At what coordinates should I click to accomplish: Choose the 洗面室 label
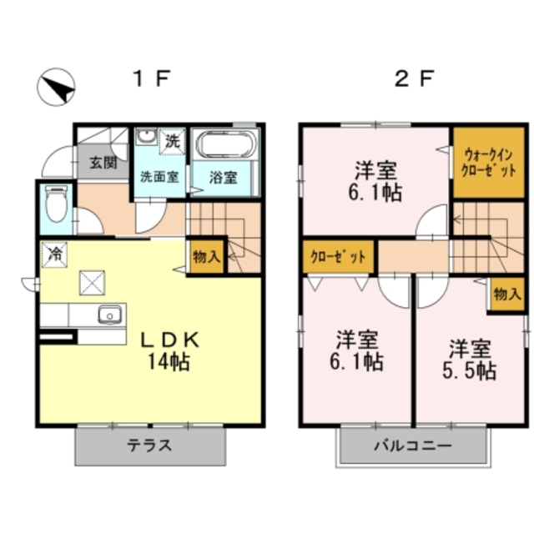(x=159, y=177)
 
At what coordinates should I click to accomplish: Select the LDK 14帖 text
(x=169, y=350)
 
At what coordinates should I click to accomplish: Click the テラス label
(x=150, y=445)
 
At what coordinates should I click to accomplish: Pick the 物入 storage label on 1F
(x=206, y=256)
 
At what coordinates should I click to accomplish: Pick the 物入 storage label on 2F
(x=506, y=293)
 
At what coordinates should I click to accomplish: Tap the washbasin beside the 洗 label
(x=147, y=138)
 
